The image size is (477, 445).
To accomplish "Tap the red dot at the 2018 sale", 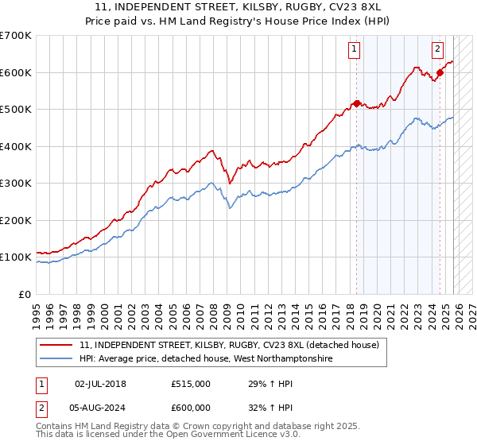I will (356, 103).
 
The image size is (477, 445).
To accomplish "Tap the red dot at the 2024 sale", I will (440, 72).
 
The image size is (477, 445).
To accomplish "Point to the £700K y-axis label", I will (15, 36).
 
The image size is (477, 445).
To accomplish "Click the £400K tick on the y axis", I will (15, 146).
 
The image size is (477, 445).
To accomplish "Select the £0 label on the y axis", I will (24, 294).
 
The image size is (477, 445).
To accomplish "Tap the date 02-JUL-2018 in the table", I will (100, 384).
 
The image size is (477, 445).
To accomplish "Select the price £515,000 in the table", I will (190, 384).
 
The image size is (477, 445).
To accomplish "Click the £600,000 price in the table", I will (190, 407).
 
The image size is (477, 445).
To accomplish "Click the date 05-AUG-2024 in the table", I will (100, 407).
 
